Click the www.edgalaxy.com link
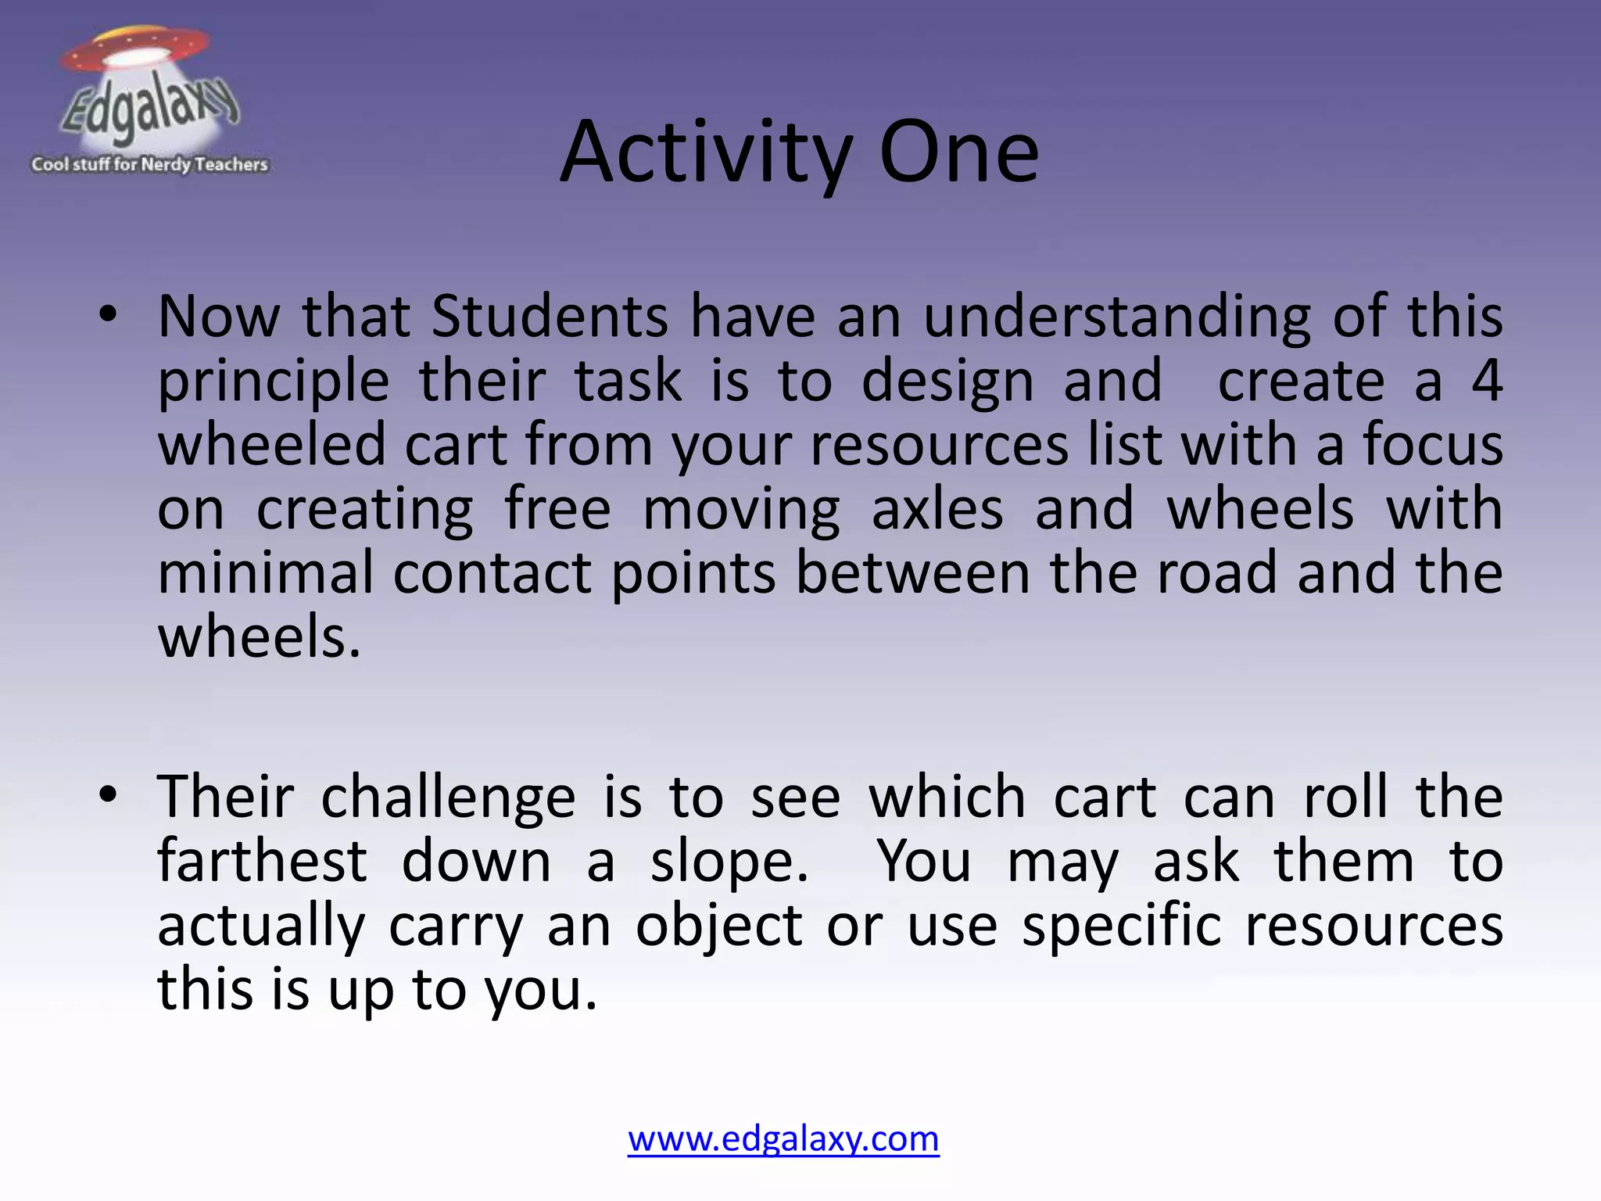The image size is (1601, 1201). pos(783,1138)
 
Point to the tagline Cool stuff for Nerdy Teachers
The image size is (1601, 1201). pos(149,165)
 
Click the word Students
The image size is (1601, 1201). pos(550,317)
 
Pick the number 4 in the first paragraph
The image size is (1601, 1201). pos(1486,381)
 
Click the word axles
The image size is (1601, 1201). pos(937,509)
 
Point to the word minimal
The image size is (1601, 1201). pos(265,573)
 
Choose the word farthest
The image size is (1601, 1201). pos(262,861)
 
